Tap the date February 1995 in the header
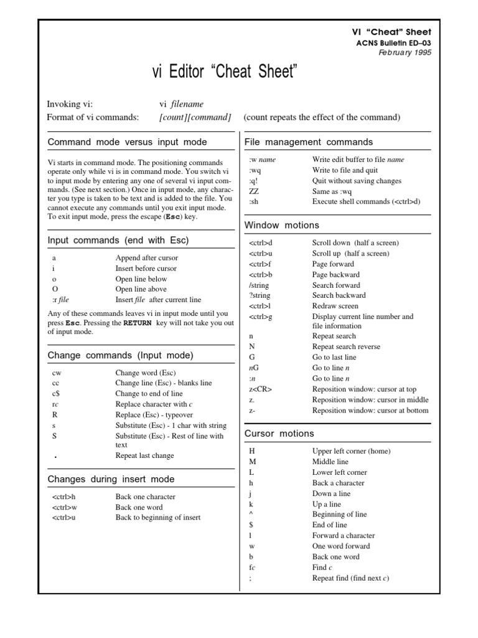tap(405, 52)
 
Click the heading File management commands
tap(309, 142)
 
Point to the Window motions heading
tap(281, 225)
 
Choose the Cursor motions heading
tap(279, 433)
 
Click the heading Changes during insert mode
tap(111, 479)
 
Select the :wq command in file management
tap(256, 170)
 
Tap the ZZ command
tap(254, 191)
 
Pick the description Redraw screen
tap(335, 306)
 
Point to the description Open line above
tap(141, 289)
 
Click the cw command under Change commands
tap(57, 373)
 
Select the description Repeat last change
tap(144, 455)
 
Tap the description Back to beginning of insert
tap(158, 518)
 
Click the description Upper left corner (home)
tap(351, 451)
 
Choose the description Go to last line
tap(334, 357)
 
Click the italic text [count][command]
tap(195, 117)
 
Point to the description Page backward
tap(335, 274)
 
